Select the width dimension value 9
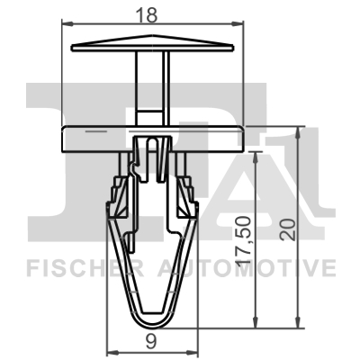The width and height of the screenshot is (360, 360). [x=152, y=339]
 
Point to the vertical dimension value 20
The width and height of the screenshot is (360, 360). [x=287, y=226]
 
